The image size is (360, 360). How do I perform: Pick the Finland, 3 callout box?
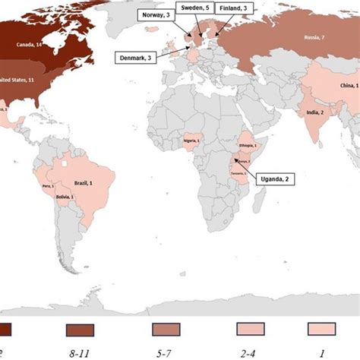[x=235, y=9]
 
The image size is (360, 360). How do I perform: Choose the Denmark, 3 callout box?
[x=137, y=57]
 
